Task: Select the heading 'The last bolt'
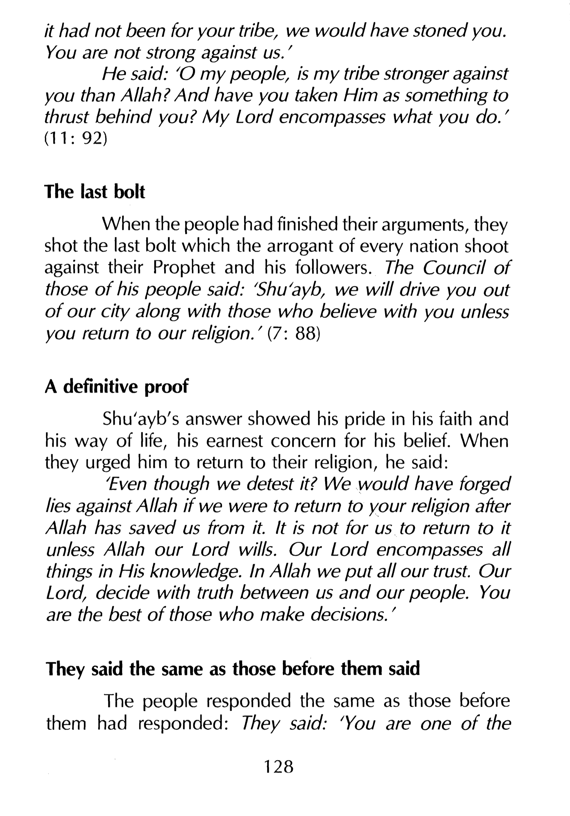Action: point(95,192)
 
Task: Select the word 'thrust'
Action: point(66,117)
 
